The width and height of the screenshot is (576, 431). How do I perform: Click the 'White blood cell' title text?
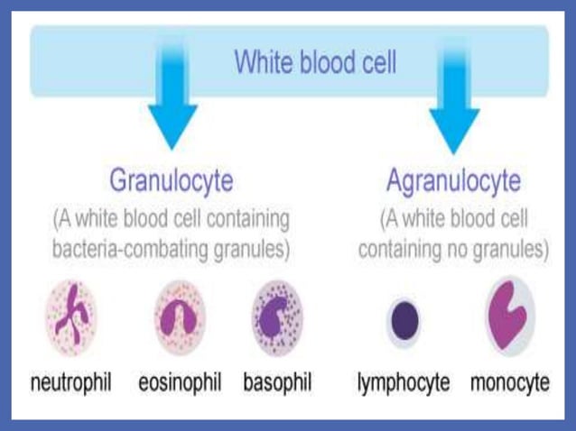click(x=314, y=62)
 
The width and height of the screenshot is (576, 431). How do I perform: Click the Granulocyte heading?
click(x=172, y=180)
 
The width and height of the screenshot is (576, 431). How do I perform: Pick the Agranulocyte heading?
click(x=453, y=180)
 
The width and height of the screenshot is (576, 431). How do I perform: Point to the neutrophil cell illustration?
click(x=71, y=316)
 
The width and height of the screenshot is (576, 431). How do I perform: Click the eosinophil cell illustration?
click(x=178, y=318)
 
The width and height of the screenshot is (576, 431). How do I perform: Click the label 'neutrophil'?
click(x=71, y=382)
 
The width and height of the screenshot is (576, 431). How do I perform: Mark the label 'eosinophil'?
click(x=180, y=382)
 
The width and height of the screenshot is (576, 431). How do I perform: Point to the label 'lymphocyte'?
click(x=404, y=382)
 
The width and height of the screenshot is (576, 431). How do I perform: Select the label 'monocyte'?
click(x=509, y=382)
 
